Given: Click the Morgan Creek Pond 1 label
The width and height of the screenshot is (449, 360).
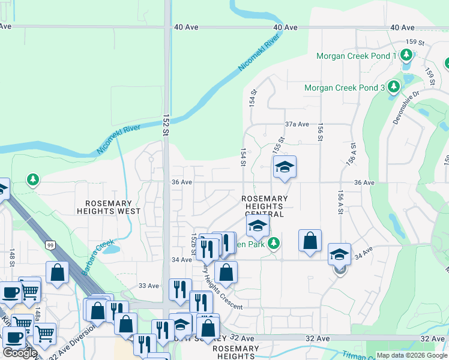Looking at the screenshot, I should tap(356, 56).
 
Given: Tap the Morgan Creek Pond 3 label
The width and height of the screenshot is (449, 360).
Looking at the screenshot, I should tap(344, 88).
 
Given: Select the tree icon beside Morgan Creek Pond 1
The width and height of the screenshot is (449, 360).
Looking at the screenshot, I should tap(406, 56).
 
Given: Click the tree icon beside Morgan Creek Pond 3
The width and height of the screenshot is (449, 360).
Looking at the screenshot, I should tap(394, 88).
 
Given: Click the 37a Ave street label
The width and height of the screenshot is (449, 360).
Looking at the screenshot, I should tap(297, 124).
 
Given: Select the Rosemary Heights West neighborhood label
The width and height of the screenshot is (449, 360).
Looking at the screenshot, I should tap(109, 207).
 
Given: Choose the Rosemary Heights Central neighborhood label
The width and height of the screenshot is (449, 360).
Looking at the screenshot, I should tap(265, 206).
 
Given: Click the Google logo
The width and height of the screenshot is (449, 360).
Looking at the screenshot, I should tap(19, 353).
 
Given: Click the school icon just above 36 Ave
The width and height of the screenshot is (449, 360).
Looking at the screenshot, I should tap(285, 167).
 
